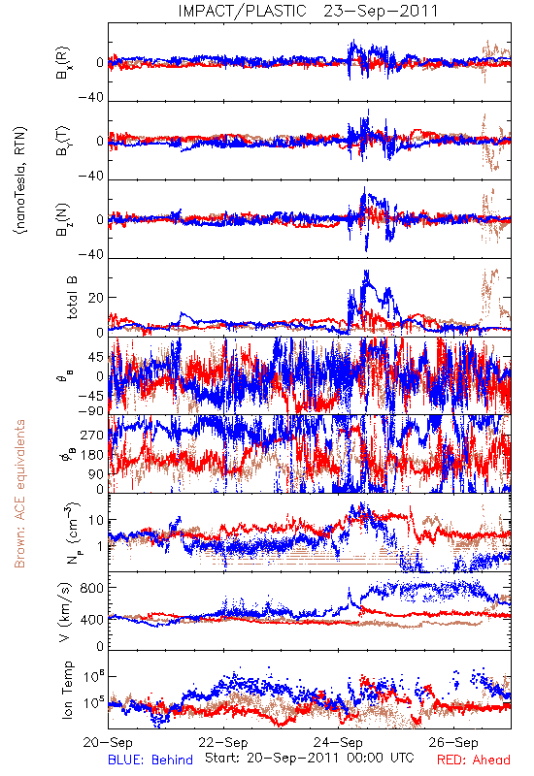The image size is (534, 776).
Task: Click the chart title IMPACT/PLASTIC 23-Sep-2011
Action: coord(308,11)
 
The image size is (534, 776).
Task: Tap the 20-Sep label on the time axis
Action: coord(108,742)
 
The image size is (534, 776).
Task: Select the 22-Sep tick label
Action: coord(223,742)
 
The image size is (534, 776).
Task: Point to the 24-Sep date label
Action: coord(338,742)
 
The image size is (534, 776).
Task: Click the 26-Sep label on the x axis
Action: coord(453,742)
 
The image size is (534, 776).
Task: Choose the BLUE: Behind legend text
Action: coord(150,760)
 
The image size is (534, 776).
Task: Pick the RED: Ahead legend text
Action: coord(473,760)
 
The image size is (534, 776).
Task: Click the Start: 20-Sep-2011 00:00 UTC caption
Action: coord(309,758)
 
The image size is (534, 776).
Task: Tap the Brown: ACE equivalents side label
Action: coord(19,494)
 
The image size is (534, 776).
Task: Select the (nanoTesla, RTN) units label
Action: coord(20,180)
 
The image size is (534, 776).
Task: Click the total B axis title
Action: coord(71,298)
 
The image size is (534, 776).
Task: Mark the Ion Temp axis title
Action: coord(67,690)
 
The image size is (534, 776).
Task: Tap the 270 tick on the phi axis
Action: coord(91,435)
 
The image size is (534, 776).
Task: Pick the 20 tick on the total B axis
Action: coord(96,298)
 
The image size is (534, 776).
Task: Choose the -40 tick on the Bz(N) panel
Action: coord(90,254)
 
